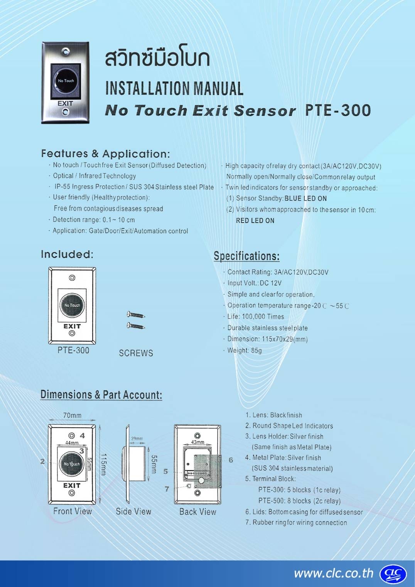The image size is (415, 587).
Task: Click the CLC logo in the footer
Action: coord(393,574)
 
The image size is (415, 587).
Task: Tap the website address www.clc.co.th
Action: coord(334,573)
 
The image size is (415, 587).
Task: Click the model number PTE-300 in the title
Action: coord(338,110)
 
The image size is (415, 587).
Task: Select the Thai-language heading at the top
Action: coord(157,58)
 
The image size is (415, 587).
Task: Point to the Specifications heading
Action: coord(246,256)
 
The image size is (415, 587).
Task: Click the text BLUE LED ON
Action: coord(305,199)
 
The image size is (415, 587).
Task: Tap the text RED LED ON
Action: coord(255,221)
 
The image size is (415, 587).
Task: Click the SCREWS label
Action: coord(136,353)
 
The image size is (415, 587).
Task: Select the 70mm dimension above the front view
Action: coord(72,415)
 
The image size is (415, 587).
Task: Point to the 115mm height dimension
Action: coord(104,464)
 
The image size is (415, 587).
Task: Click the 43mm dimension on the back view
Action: coord(197,442)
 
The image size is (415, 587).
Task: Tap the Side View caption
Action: coord(133,511)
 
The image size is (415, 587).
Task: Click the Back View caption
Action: coord(197,512)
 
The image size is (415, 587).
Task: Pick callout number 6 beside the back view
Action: coord(231,460)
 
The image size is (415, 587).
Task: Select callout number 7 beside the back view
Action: coord(167,489)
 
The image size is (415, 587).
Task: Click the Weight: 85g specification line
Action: coord(245,350)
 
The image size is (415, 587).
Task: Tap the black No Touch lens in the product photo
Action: coord(66,81)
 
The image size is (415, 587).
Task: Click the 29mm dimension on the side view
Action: coord(137,439)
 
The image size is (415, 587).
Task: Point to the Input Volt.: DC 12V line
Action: coord(255,283)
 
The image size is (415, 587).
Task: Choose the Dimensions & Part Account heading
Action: coord(101,395)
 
